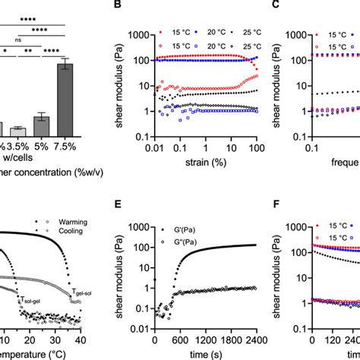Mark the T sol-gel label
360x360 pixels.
pos(31,303)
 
